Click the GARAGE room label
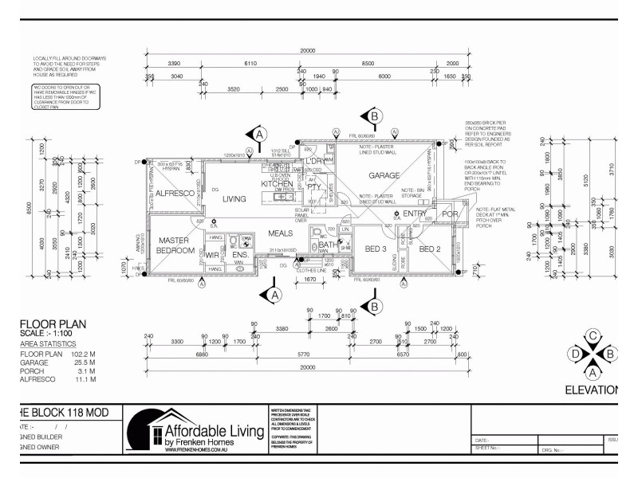383,175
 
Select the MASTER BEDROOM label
175,245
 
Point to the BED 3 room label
376,249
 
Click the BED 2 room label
430,249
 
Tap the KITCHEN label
278,184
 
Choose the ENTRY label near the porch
415,214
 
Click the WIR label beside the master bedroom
211,256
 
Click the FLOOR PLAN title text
53,324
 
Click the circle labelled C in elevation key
593,336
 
